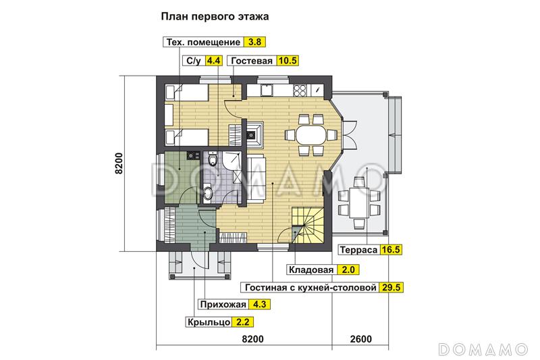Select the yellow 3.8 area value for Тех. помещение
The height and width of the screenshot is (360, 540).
point(254,43)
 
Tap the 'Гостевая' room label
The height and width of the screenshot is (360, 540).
point(251,61)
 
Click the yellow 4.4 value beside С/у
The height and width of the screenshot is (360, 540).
point(214,61)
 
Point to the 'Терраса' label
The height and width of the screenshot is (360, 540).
point(357,249)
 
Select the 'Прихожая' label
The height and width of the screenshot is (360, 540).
point(220,305)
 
